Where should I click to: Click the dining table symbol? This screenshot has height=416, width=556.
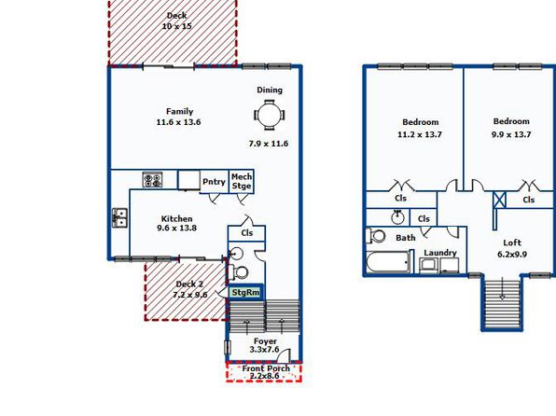(x=270, y=116)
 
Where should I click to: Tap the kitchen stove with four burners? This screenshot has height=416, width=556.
(x=152, y=179)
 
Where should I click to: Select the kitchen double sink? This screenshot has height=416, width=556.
(x=119, y=217)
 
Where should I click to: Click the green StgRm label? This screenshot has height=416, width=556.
(x=245, y=293)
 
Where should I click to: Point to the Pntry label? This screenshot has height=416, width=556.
(x=214, y=182)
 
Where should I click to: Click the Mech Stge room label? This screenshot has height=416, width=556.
(x=242, y=181)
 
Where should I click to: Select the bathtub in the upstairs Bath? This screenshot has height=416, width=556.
(x=387, y=262)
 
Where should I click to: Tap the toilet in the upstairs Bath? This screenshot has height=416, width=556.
(x=376, y=235)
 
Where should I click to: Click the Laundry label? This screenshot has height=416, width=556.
(x=440, y=253)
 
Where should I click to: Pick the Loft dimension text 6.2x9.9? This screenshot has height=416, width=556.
(x=512, y=255)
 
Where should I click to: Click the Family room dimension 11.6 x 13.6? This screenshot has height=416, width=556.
(x=178, y=122)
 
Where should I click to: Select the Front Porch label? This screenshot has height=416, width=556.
(x=266, y=368)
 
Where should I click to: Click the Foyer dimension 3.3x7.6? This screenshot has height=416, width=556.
(x=264, y=350)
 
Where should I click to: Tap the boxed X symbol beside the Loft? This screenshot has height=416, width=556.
(x=499, y=200)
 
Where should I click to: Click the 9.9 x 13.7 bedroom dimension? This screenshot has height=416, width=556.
(x=511, y=134)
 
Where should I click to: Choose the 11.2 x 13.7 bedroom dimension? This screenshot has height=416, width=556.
(x=420, y=134)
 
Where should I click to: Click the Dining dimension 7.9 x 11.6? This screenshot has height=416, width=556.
(x=269, y=144)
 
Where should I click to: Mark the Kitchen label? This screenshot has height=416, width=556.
(x=176, y=219)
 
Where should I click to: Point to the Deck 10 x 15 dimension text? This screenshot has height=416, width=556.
(x=176, y=26)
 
